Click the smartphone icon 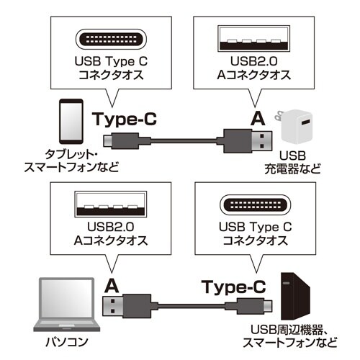[x=69, y=125]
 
